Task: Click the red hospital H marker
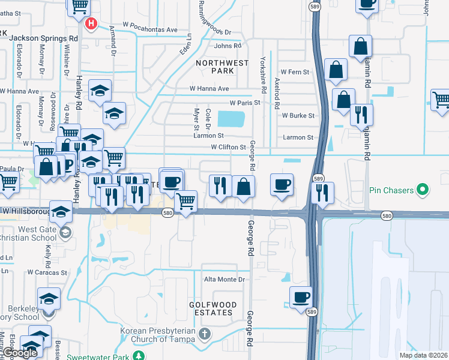pyautogui.click(x=91, y=24)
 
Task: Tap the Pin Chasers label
pyautogui.click(x=392, y=191)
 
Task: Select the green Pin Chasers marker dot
pyautogui.click(x=423, y=191)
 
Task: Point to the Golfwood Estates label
pyautogui.click(x=211, y=308)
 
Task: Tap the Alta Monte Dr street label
pyautogui.click(x=225, y=280)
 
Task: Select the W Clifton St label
pyautogui.click(x=229, y=147)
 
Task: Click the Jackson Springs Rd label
pyautogui.click(x=44, y=37)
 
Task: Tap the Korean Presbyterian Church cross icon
pyautogui.click(x=204, y=334)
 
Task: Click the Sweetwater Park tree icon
pyautogui.click(x=139, y=355)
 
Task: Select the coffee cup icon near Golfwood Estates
pyautogui.click(x=301, y=296)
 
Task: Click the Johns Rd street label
pyautogui.click(x=228, y=46)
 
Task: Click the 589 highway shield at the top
pyautogui.click(x=315, y=6)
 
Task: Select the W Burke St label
pyautogui.click(x=298, y=115)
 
